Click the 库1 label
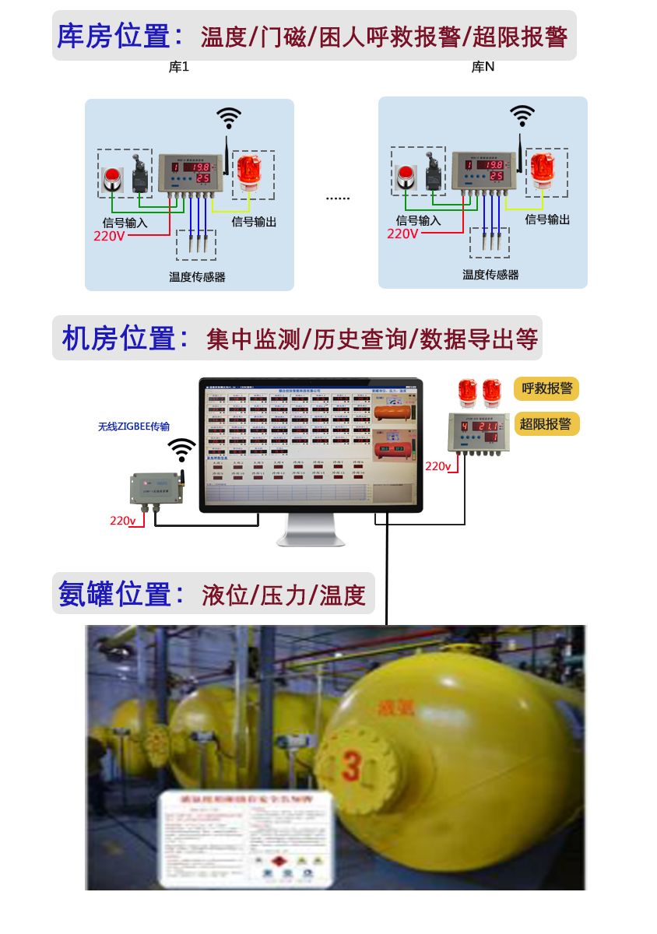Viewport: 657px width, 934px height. point(179,68)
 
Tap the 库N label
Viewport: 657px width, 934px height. point(483,68)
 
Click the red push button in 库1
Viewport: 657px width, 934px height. point(113,177)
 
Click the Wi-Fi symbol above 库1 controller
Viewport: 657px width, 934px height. point(228,118)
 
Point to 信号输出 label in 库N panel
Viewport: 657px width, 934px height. point(547,219)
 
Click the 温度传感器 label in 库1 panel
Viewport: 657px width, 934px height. point(197,276)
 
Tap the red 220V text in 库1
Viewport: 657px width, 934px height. point(109,235)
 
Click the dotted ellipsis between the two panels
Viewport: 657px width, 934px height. point(337,198)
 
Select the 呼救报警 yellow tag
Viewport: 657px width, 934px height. point(546,388)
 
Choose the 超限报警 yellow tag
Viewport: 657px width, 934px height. point(546,423)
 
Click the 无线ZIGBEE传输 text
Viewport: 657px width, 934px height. point(134,427)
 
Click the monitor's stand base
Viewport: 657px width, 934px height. point(311,539)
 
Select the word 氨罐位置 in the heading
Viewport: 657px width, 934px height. point(114,595)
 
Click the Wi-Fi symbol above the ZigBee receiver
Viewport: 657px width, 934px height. point(181,449)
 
